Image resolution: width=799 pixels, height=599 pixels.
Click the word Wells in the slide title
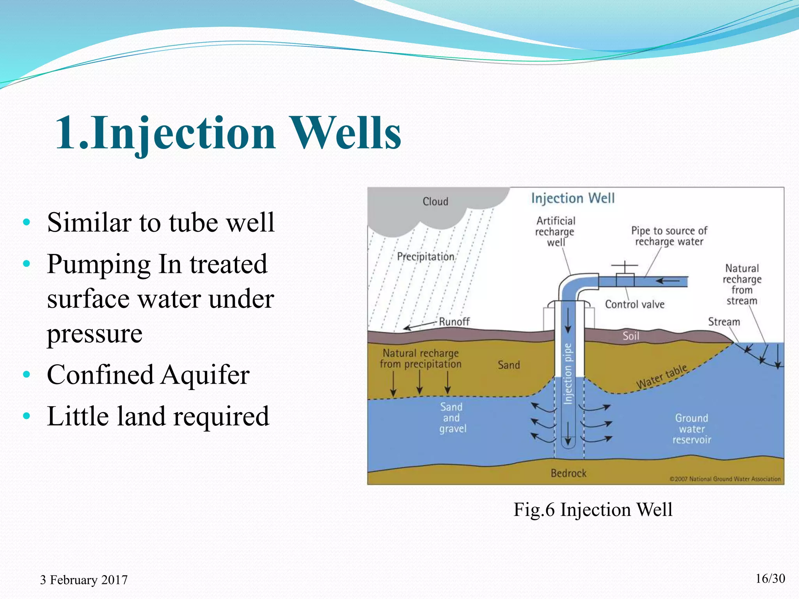click(x=347, y=133)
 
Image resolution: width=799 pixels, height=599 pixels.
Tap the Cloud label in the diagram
click(x=435, y=202)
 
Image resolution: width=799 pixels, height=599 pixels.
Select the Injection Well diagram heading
click(x=573, y=198)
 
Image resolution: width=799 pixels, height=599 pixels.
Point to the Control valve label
click(x=634, y=305)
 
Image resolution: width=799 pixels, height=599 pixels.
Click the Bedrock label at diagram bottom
click(x=568, y=473)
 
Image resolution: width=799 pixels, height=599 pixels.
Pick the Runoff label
click(x=454, y=322)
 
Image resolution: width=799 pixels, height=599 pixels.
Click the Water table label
click(x=662, y=377)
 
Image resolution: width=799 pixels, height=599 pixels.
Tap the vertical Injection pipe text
click(x=568, y=374)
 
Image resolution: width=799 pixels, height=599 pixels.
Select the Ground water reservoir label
click(x=691, y=429)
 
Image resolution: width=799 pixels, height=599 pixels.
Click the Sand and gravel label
click(x=452, y=418)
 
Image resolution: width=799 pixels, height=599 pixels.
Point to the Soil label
click(x=630, y=336)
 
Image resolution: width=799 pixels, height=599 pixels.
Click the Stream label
click(x=724, y=322)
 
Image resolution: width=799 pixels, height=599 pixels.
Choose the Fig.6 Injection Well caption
click(x=593, y=509)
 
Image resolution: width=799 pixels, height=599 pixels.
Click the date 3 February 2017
click(x=83, y=580)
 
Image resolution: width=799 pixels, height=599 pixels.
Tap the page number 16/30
click(x=770, y=579)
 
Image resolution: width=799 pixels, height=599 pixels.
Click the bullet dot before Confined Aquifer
click(x=27, y=375)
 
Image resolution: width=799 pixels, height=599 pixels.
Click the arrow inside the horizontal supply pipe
click(x=668, y=281)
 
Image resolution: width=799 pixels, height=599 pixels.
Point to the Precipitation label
click(x=425, y=257)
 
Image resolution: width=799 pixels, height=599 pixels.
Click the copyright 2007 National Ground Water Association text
click(x=725, y=479)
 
